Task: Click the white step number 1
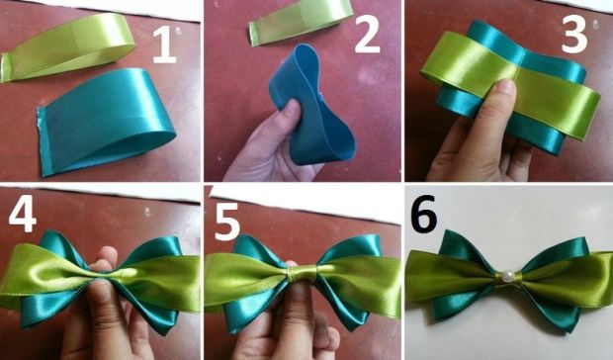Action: click(x=164, y=45)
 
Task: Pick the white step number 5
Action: click(x=227, y=222)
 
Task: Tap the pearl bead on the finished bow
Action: click(x=508, y=277)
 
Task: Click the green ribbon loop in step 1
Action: click(x=67, y=46)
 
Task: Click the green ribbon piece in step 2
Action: click(x=301, y=23)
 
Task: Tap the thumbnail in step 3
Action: click(x=505, y=86)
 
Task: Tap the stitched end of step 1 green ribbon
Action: click(x=6, y=67)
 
